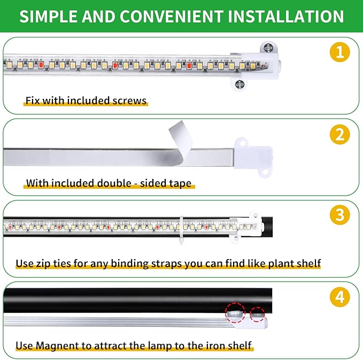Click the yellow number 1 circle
[x=339, y=53]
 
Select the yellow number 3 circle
[x=339, y=215]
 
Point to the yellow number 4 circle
[x=339, y=296]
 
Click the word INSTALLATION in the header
[x=285, y=16]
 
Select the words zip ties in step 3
[x=56, y=263]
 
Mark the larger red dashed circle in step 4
[x=234, y=312]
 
